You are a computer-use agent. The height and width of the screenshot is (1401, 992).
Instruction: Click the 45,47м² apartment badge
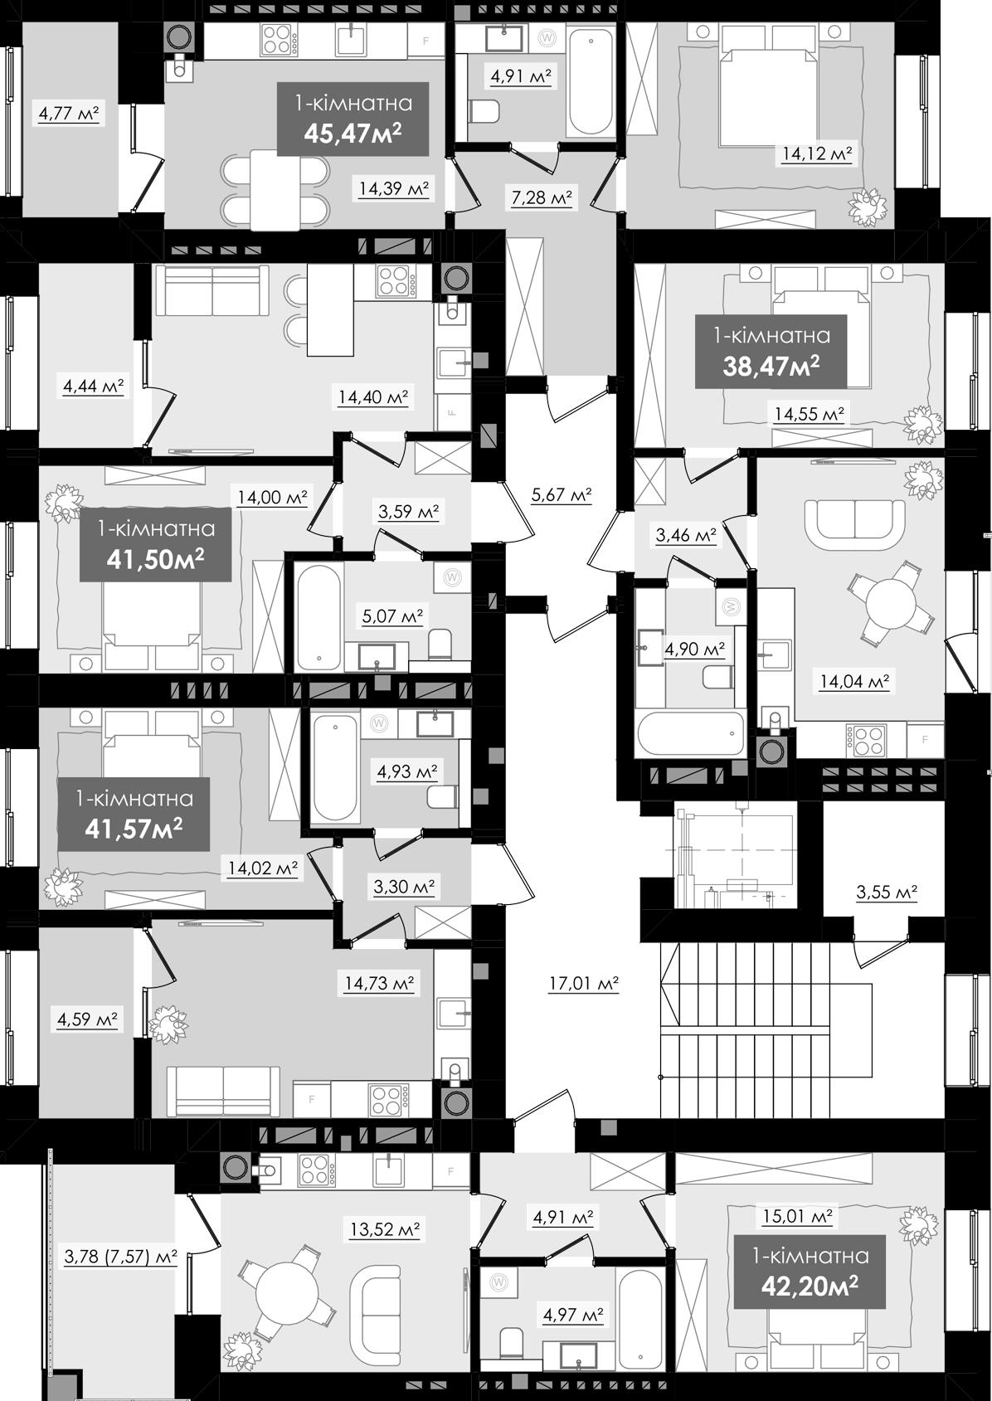click(x=353, y=119)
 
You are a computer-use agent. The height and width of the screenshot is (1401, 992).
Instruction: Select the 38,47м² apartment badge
click(x=771, y=351)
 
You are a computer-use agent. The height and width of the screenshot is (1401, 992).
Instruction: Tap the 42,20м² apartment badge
click(x=810, y=1272)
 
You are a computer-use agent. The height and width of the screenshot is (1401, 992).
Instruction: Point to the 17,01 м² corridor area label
click(x=584, y=984)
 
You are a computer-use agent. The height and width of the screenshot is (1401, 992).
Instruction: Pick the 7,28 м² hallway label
click(x=542, y=197)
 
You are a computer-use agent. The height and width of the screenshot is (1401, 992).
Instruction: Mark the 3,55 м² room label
click(x=887, y=891)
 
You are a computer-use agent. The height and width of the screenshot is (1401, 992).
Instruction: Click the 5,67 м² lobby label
click(x=561, y=495)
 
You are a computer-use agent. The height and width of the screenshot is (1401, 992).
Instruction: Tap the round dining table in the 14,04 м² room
click(x=891, y=604)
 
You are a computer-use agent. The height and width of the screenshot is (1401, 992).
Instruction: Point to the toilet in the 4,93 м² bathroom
click(x=443, y=797)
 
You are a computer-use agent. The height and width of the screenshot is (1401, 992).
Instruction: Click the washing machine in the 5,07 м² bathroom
click(x=451, y=576)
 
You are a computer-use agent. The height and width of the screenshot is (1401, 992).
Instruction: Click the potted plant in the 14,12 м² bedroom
click(x=867, y=207)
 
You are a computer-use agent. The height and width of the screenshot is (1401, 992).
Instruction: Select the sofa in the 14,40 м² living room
click(x=212, y=290)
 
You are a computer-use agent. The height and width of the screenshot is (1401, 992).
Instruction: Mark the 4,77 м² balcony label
click(x=69, y=114)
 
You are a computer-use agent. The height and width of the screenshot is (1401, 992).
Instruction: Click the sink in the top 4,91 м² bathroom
click(x=504, y=37)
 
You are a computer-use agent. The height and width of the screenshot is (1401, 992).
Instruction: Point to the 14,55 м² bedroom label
click(x=810, y=413)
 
